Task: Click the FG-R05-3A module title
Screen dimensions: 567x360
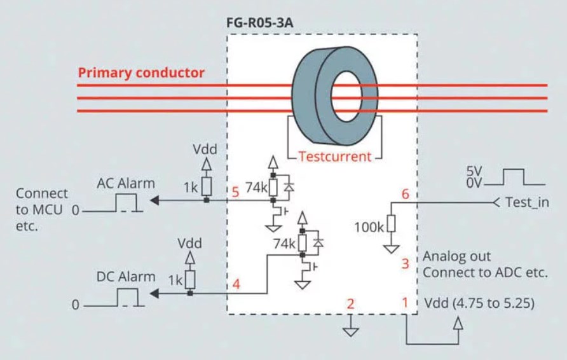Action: (259, 23)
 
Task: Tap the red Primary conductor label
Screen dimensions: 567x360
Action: (141, 73)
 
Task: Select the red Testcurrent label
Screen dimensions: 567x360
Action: (335, 156)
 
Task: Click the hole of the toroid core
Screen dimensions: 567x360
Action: (346, 96)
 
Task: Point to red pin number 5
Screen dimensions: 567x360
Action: (235, 192)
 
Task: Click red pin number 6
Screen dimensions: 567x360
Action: (406, 194)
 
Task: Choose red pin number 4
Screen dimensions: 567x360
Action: (236, 284)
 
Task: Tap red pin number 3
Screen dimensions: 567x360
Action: (406, 263)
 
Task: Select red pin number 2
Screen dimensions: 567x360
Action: (350, 304)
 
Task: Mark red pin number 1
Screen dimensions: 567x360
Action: (405, 301)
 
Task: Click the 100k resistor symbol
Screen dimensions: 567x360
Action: (392, 224)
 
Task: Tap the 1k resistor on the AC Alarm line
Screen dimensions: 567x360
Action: (206, 186)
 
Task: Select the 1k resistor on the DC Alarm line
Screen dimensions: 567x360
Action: (190, 280)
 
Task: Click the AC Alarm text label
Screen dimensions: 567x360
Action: (125, 183)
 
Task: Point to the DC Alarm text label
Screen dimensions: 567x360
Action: (125, 277)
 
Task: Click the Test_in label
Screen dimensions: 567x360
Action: (527, 202)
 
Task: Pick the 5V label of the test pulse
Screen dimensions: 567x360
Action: (474, 170)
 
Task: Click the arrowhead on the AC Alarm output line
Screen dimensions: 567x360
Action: (154, 200)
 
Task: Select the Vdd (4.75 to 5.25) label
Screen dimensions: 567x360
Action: (479, 303)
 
